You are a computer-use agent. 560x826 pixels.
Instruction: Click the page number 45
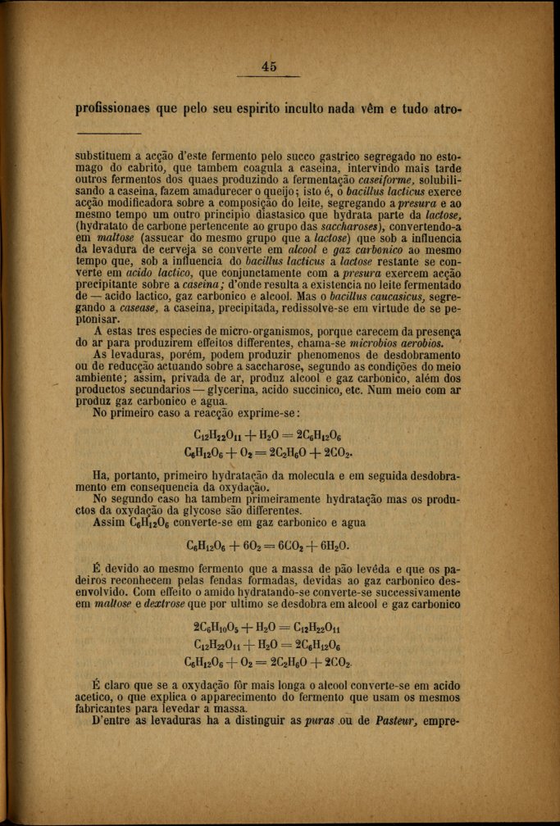click(x=270, y=68)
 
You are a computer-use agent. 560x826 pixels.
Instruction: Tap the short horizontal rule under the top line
click(x=107, y=134)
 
